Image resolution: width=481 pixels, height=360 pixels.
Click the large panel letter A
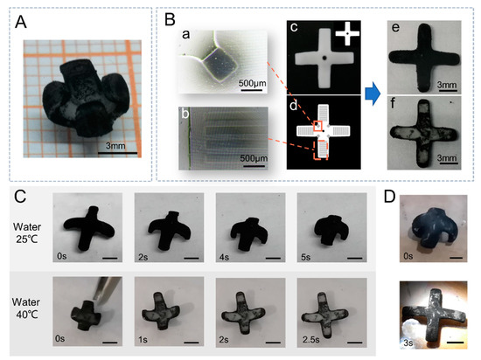click(21, 22)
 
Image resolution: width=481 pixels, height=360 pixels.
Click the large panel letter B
click(170, 19)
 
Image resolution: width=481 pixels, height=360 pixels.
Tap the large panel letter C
click(20, 197)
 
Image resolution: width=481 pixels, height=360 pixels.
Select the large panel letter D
click(389, 197)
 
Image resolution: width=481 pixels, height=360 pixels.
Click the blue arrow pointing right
click(373, 93)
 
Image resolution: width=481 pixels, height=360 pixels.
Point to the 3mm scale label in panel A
click(115, 146)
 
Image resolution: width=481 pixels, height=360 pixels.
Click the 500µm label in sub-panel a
click(253, 83)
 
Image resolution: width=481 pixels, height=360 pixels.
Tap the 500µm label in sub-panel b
click(254, 158)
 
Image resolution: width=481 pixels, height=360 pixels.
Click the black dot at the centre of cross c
click(324, 58)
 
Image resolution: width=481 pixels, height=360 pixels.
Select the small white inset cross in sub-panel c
click(347, 33)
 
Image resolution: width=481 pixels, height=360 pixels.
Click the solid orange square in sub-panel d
click(317, 126)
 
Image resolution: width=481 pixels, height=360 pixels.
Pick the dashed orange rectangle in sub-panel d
click(321, 149)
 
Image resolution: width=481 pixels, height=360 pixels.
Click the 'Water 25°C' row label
click(27, 232)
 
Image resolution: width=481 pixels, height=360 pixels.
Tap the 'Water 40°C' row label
click(26, 308)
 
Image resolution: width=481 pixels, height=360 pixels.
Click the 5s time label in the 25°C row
click(305, 257)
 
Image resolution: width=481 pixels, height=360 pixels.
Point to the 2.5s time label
click(310, 340)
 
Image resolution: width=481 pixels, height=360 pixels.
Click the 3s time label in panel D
click(408, 343)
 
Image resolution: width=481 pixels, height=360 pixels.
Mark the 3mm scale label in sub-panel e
click(447, 85)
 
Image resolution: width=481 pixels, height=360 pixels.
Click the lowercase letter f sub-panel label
click(393, 104)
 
